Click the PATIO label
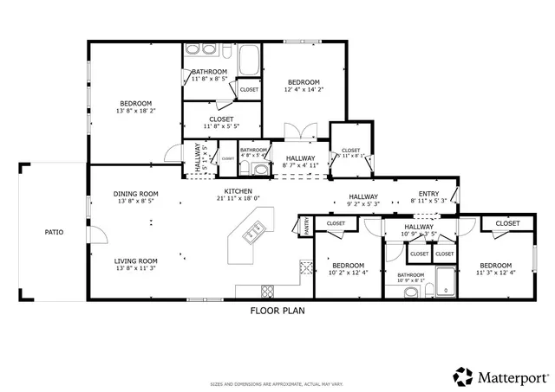54,232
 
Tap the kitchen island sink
255,231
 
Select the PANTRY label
307,227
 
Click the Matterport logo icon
461,376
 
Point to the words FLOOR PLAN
277,310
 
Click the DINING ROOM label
135,194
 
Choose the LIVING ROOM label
135,260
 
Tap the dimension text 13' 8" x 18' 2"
135,111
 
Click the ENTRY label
428,194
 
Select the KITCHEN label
238,190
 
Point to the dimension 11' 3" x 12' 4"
494,273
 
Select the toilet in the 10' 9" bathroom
410,291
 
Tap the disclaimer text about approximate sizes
277,383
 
